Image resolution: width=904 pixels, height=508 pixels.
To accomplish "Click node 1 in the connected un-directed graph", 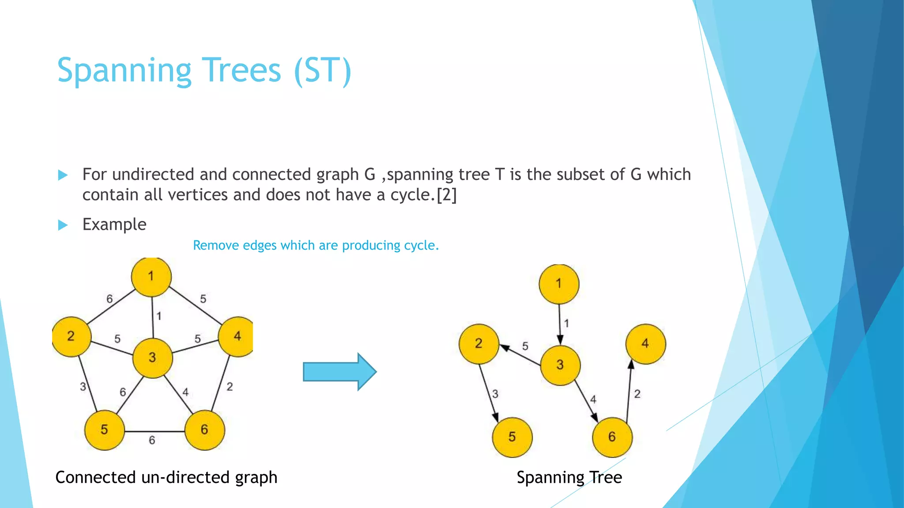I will tap(151, 277).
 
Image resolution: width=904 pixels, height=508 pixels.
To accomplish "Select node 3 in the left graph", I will tap(153, 358).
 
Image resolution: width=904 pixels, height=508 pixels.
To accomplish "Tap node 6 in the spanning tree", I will tap(612, 437).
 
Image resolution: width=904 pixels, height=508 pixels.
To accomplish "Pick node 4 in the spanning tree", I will tap(645, 344).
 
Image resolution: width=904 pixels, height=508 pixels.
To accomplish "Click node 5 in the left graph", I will tap(105, 430).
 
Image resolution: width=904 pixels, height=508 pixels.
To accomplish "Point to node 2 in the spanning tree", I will tap(479, 344).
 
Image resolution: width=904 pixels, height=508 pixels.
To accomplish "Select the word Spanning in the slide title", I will tap(124, 71).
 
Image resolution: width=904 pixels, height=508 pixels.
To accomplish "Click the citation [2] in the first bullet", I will tap(446, 195).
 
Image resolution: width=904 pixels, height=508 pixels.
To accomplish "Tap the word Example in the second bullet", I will tap(114, 224).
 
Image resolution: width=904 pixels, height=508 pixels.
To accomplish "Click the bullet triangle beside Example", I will tap(63, 225).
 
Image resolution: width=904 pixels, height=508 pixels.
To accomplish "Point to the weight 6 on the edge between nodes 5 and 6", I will tap(152, 440).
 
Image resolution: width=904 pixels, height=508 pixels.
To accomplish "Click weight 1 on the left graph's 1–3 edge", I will tap(159, 316).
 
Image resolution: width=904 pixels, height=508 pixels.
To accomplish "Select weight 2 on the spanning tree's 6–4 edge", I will tap(637, 394).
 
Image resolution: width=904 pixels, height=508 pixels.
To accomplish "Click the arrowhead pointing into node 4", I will tap(631, 365).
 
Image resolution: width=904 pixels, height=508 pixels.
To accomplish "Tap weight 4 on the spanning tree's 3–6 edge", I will tap(593, 400).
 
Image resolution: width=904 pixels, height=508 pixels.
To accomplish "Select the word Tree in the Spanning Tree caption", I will tap(606, 478).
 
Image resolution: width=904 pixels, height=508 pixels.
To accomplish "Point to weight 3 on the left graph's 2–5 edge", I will tap(83, 387).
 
